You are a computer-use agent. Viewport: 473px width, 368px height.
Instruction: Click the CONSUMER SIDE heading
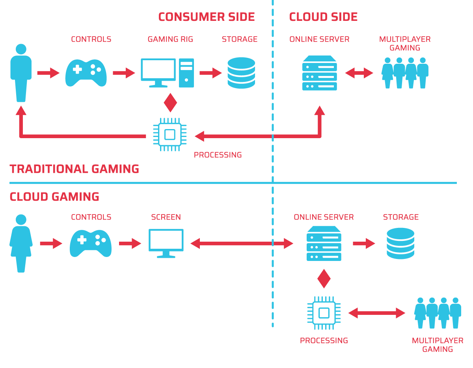[x=206, y=17]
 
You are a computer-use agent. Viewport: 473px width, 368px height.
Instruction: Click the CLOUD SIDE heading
[x=323, y=17]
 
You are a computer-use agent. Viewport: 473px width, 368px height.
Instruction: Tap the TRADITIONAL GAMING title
[x=74, y=169]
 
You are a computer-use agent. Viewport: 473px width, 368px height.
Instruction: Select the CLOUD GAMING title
[x=54, y=196]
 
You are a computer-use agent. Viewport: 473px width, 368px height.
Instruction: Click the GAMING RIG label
[x=170, y=39]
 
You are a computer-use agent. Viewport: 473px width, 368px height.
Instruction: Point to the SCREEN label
[x=166, y=217]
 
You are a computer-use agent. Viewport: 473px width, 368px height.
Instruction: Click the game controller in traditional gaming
[x=86, y=72]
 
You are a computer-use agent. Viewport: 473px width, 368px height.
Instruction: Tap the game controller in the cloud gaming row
[x=91, y=243]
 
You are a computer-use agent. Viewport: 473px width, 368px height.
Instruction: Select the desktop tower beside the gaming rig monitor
[x=186, y=73]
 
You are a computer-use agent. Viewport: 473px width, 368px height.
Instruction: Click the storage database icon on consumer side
[x=241, y=73]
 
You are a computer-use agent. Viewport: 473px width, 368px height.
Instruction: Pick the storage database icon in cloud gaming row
[x=400, y=243]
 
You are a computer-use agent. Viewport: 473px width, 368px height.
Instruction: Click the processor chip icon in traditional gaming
[x=169, y=135]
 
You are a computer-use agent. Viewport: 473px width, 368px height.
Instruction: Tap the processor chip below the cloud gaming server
[x=324, y=313]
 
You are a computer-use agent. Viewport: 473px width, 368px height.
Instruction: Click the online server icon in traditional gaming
[x=320, y=73]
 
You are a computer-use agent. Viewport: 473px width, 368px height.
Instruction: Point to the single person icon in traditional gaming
[x=21, y=73]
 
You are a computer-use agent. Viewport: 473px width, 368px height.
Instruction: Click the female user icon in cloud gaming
[x=21, y=243]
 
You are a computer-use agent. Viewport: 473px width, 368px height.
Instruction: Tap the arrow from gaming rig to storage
[x=210, y=73]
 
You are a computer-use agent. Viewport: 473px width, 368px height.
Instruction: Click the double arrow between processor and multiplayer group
[x=376, y=313]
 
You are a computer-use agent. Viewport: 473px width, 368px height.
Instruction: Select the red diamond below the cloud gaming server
[x=324, y=279]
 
